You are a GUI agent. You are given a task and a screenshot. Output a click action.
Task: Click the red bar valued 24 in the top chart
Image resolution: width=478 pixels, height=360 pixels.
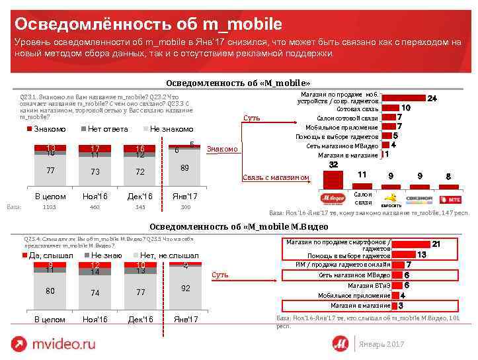pos(403,98)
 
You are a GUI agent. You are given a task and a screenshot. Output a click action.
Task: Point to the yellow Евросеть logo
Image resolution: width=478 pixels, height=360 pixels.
pos(391,198)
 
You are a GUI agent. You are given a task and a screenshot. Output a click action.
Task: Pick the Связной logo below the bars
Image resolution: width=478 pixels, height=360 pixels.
pos(420,198)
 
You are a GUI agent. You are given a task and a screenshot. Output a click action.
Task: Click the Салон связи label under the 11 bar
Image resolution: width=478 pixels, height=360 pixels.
pos(363,198)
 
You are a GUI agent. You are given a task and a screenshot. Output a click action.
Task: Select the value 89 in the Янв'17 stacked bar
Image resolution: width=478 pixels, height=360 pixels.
pos(185,168)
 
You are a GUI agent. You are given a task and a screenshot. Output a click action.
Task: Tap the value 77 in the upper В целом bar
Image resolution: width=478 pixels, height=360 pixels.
pos(50,171)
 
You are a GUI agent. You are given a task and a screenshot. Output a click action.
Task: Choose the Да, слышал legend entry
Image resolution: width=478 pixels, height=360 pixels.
pos(50,255)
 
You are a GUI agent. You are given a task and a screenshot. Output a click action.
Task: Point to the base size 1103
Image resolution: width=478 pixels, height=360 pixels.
pos(50,208)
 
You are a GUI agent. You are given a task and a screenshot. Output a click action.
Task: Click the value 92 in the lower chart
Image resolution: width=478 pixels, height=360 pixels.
pos(185,289)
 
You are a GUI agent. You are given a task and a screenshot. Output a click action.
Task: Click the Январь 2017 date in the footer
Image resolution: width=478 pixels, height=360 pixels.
pos(380,345)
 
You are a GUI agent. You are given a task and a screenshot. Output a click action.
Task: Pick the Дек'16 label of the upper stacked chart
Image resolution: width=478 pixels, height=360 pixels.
pos(140,197)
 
